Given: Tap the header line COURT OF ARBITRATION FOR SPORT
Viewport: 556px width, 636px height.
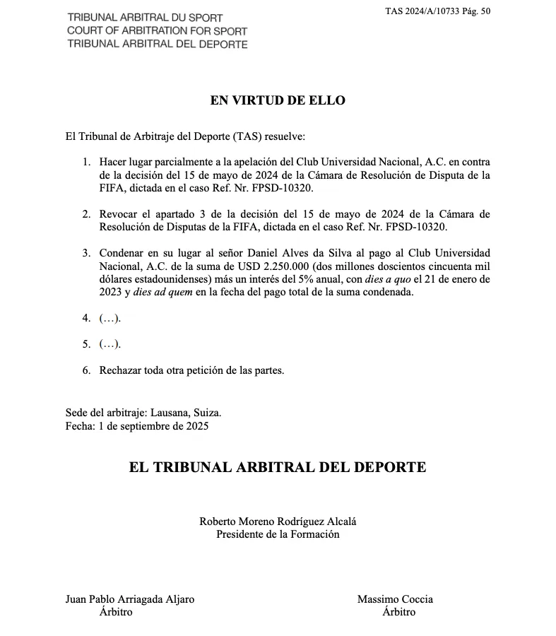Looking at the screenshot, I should point(157,31).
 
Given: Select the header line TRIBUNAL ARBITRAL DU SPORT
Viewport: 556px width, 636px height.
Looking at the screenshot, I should point(145,18).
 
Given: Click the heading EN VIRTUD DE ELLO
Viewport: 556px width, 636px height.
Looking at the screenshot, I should point(278,100).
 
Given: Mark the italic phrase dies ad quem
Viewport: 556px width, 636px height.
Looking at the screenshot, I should point(161,292).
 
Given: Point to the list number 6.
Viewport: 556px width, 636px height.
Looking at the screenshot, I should point(86,370).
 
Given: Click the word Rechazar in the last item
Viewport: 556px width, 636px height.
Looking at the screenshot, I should point(120,370).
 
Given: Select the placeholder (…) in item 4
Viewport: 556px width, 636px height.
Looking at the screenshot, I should point(110,318).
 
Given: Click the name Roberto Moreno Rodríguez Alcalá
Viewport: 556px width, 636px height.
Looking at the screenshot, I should point(278,522).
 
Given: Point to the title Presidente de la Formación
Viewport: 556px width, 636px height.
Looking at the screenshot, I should point(278,534).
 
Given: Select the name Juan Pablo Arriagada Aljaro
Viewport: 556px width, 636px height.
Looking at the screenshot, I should point(130,599).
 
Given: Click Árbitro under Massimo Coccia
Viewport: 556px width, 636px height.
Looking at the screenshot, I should point(398,612).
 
